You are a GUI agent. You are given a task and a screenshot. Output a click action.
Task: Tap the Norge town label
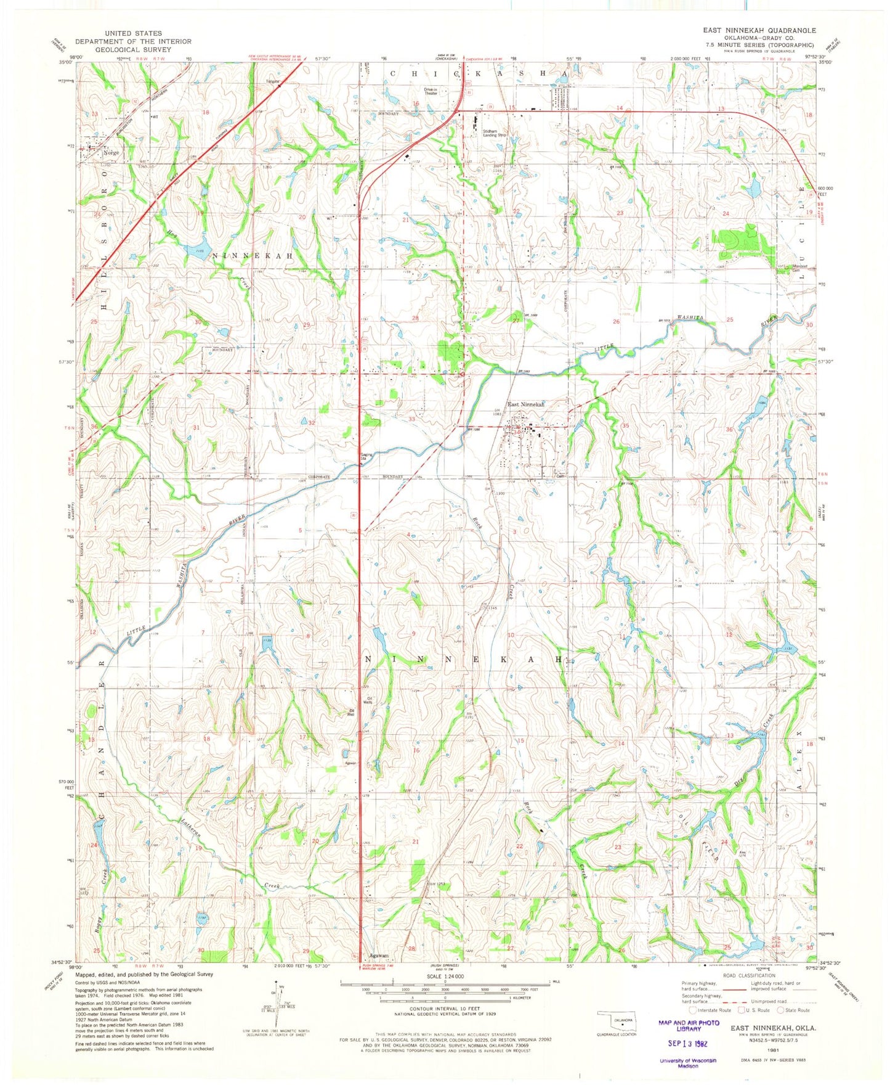tap(111, 152)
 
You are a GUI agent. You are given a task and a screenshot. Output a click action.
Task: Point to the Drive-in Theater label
tap(431, 91)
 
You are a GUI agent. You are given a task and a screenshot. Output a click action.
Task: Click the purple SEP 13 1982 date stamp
tap(687, 1044)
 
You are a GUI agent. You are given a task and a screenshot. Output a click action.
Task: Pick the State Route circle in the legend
tap(781, 1010)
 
